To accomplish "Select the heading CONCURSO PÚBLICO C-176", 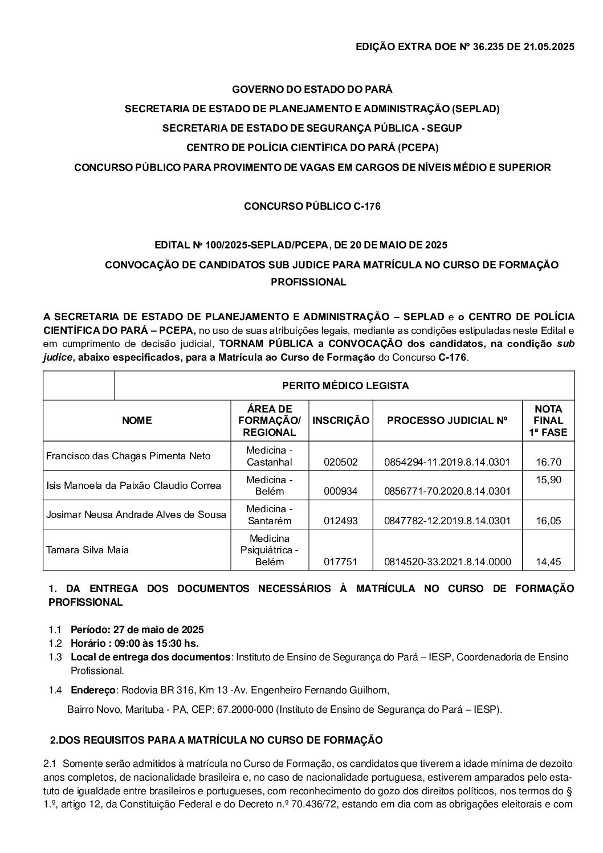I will point(312,206).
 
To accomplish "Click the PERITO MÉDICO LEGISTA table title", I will point(345,386).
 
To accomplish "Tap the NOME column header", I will point(137,421).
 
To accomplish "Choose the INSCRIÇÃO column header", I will point(341,421).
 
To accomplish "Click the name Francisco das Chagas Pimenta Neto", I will point(128,456).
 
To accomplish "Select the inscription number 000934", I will point(340,491).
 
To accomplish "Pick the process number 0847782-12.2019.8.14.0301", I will point(447,520).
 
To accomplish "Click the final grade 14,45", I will point(548,562).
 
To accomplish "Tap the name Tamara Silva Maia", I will point(87,550).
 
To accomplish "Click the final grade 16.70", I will point(548,462).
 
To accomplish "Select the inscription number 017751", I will point(340,562).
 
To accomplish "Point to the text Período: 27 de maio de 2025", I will point(137,630).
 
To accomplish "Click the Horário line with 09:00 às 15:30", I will point(135,643).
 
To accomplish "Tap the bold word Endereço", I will point(93,690).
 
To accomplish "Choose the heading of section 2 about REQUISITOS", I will point(217,740).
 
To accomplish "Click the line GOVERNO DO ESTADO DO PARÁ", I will point(312,89).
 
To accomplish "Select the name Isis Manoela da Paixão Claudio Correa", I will point(133,485).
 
